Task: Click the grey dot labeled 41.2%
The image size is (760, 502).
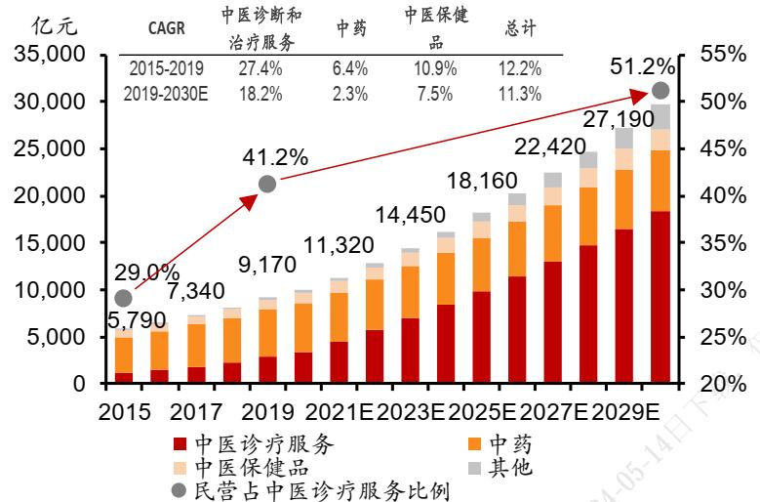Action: click(267, 184)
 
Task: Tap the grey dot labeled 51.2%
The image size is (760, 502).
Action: click(660, 91)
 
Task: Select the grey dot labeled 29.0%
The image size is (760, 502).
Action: click(123, 298)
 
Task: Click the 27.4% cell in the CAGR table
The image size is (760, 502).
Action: click(260, 68)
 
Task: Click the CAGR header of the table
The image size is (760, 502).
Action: click(167, 28)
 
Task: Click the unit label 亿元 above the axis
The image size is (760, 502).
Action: click(55, 26)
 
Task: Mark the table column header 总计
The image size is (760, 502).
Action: click(522, 28)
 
